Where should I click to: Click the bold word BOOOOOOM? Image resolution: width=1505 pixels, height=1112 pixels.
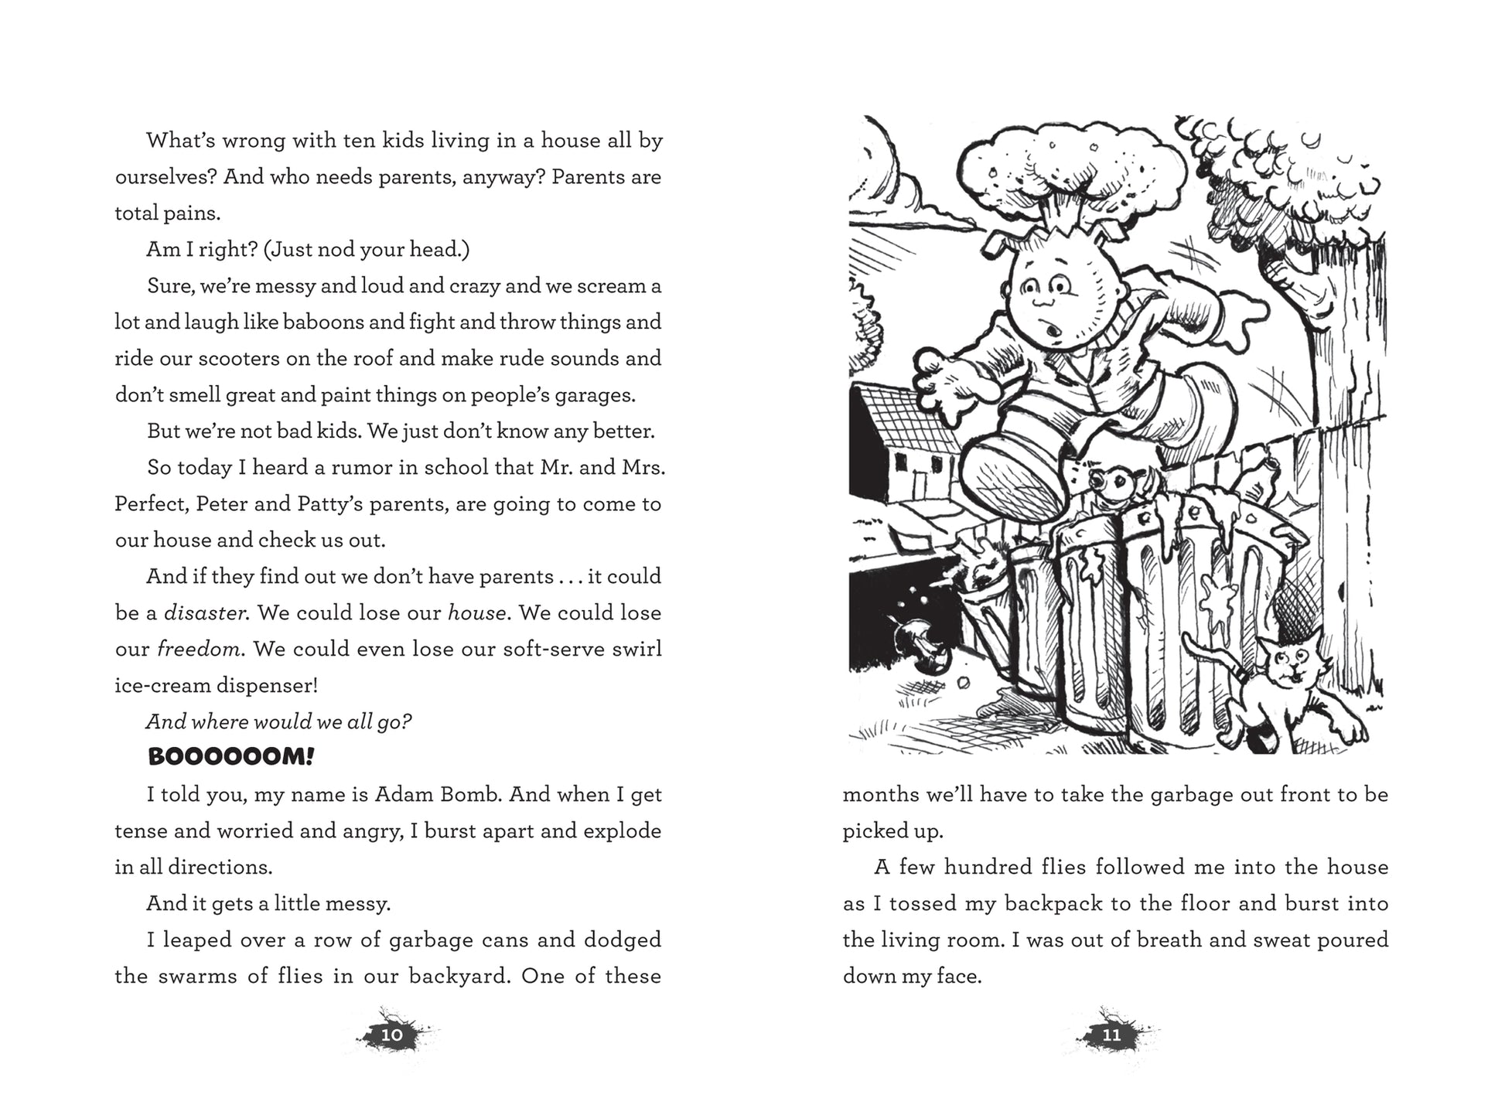click(230, 757)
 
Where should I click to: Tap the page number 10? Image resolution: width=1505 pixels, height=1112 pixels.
click(392, 1035)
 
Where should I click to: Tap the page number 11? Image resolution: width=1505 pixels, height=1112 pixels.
click(1111, 1035)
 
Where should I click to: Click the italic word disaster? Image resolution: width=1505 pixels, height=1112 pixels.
click(206, 612)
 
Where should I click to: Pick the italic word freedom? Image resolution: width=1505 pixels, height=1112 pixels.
click(200, 649)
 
